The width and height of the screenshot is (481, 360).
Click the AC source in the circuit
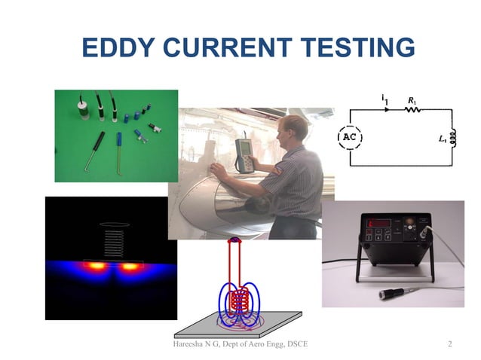pyautogui.click(x=349, y=138)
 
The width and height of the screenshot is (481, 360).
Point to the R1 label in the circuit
pyautogui.click(x=411, y=99)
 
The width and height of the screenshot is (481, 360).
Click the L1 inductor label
pyautogui.click(x=442, y=139)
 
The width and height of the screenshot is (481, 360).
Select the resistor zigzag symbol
pyautogui.click(x=412, y=110)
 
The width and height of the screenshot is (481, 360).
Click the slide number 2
pyautogui.click(x=449, y=345)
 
